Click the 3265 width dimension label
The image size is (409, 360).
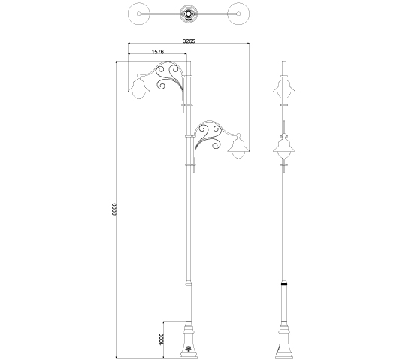189,41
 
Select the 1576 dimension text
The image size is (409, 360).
158,52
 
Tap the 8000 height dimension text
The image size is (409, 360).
114,210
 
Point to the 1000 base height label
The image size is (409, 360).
161,339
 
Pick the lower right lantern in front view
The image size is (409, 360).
238,147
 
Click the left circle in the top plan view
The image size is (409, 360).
139,14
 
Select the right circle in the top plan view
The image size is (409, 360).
238,14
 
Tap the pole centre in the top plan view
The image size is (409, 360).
189,14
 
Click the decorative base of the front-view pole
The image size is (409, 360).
189,340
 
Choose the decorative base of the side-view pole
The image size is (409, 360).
284,341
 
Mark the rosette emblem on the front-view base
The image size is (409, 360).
188,349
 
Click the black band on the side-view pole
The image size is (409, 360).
284,283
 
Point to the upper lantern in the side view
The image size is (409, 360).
284,89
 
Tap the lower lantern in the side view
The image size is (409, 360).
284,147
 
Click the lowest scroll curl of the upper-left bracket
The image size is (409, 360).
162,85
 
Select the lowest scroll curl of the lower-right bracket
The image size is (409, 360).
217,145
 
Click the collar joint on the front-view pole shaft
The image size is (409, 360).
189,283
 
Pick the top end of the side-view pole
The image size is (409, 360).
284,62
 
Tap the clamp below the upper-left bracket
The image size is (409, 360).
186,105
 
